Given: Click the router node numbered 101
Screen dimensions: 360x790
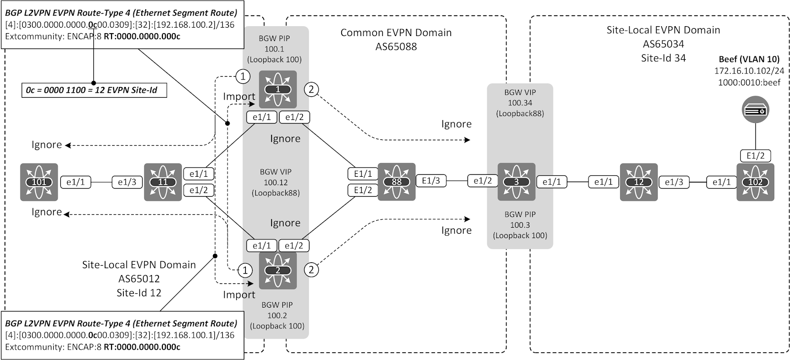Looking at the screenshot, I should point(39,182).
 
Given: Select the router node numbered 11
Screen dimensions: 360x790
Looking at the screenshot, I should point(162,182).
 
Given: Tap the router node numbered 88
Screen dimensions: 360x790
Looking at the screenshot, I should point(396,181).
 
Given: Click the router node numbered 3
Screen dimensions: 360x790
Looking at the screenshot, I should point(516,182).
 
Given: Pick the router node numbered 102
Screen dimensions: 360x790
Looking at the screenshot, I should point(755,182).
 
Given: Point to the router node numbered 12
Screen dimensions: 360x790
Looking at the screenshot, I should point(638,182).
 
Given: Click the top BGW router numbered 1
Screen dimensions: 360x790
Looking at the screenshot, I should point(277,89).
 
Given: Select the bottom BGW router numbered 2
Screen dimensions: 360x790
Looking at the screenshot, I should point(277,270).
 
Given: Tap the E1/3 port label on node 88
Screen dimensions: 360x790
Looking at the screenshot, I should point(431,181).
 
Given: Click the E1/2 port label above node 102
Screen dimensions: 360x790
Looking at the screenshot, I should point(755,156).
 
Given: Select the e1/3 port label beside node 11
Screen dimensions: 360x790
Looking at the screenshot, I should point(127,182).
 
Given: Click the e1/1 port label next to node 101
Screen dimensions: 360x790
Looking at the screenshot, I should point(76,182).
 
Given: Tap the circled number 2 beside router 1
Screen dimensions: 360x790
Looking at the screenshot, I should point(311,89).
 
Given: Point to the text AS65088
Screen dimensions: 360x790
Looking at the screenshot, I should point(395,47).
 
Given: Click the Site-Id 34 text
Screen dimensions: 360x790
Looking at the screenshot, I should point(663,58).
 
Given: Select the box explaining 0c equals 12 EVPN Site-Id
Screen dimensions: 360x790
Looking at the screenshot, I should point(93,91).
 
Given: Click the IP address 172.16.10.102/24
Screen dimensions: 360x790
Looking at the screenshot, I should point(749,71).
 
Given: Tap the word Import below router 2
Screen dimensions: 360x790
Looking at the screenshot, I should point(239,295).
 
